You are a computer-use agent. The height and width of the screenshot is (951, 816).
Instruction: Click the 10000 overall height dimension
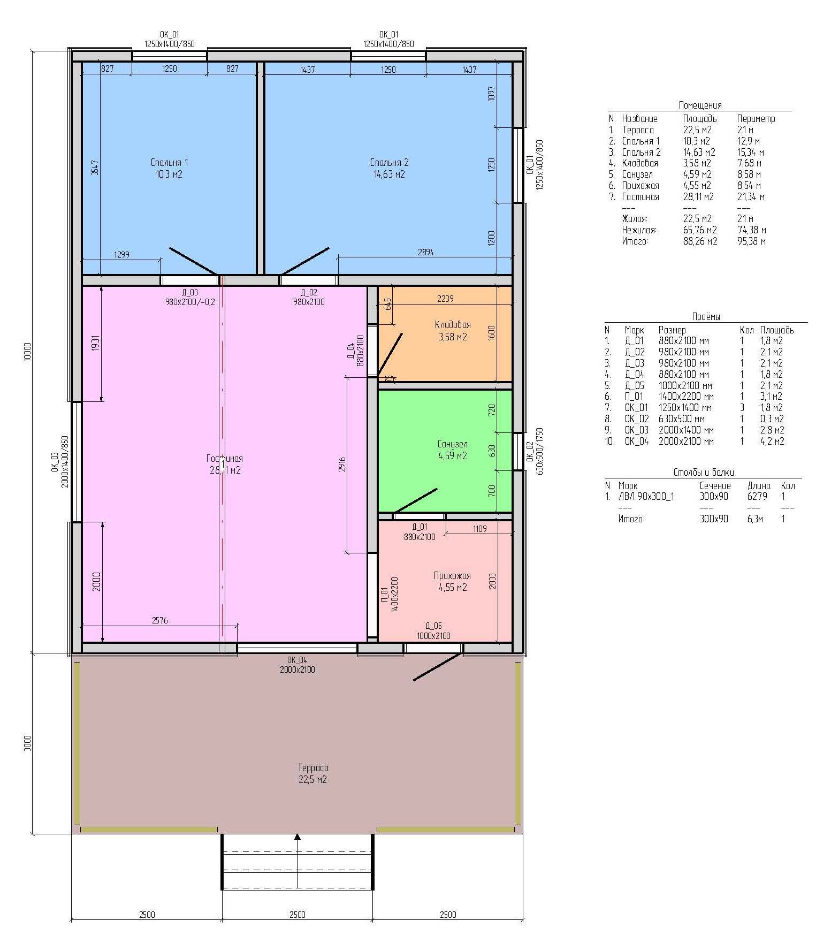[x=28, y=352]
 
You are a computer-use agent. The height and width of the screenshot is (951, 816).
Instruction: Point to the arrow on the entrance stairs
[x=298, y=861]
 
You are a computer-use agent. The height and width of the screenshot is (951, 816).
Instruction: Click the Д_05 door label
[x=433, y=626]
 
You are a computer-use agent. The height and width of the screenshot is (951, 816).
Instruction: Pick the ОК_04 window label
[x=297, y=660]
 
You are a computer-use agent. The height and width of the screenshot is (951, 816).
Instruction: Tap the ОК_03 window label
[x=55, y=461]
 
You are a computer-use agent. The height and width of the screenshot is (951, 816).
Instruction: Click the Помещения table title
[x=700, y=105]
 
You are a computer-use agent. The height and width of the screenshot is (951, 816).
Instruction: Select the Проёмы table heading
[x=706, y=317]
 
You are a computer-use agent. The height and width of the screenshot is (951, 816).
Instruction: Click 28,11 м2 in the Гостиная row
[x=698, y=197]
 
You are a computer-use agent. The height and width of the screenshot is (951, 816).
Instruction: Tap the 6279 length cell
[x=757, y=497]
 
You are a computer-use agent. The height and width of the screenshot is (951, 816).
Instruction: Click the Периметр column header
[x=756, y=119]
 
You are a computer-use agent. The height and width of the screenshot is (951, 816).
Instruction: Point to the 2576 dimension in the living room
[x=160, y=620]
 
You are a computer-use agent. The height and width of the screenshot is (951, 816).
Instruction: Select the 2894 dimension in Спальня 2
[x=426, y=252]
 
